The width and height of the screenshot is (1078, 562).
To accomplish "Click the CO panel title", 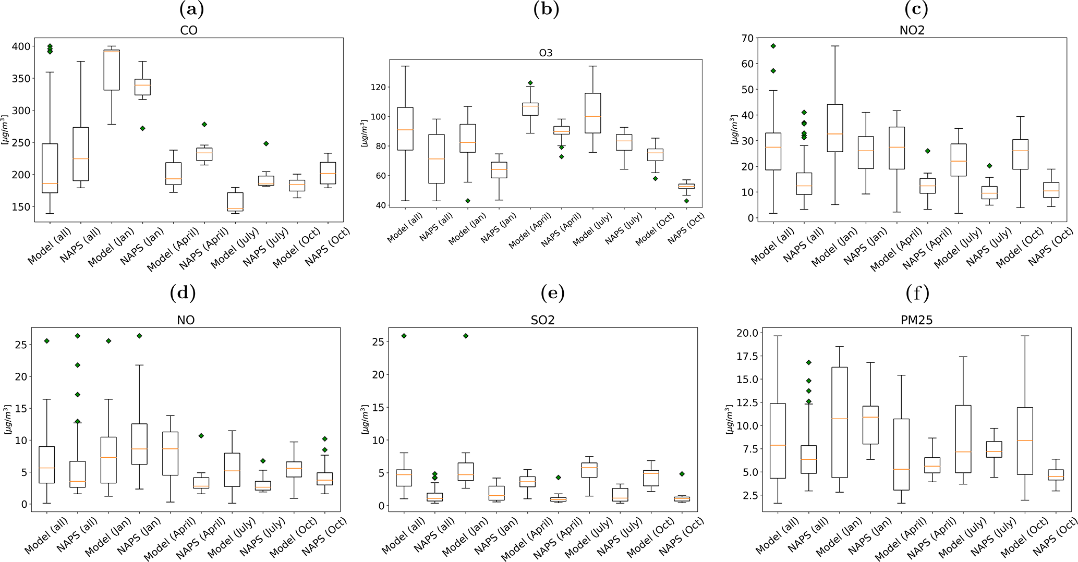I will pos(188,30).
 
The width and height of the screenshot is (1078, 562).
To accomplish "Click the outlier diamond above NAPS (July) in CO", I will pos(266,143).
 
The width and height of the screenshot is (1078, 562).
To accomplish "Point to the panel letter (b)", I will pos(546,9).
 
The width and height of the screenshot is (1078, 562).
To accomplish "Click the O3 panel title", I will pos(546,53).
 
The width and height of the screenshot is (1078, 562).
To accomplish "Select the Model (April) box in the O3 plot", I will pos(531,108).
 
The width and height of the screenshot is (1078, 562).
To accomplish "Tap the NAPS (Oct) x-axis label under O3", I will pos(686,228).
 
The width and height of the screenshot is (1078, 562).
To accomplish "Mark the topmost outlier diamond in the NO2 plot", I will pos(773,46).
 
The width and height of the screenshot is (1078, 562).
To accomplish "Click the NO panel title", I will pos(186,320).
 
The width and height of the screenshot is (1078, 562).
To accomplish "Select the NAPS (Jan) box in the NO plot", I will pos(139,444).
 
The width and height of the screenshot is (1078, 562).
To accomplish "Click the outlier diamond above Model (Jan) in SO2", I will pos(466,336).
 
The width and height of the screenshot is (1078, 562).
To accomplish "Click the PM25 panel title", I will pos(916,320).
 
